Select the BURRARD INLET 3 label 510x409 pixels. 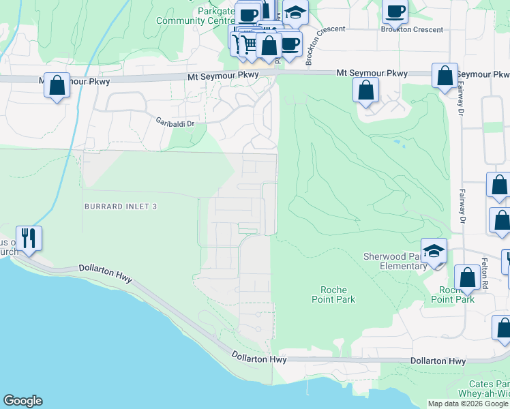click(x=121, y=206)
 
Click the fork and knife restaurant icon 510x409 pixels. click(x=29, y=238)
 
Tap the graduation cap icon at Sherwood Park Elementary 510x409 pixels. click(x=434, y=250)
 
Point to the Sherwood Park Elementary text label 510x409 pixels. click(x=394, y=261)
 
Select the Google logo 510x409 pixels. click(x=22, y=401)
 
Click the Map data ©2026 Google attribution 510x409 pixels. click(x=468, y=404)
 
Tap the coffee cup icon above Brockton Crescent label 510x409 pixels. click(x=395, y=11)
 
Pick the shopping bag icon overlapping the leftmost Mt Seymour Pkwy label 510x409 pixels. click(x=57, y=86)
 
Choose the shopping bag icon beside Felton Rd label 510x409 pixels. click(x=467, y=277)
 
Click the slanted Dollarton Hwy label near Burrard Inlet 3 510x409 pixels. click(x=105, y=275)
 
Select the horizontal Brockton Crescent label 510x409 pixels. click(x=412, y=30)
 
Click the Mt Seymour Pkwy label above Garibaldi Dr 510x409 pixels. click(x=224, y=78)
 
